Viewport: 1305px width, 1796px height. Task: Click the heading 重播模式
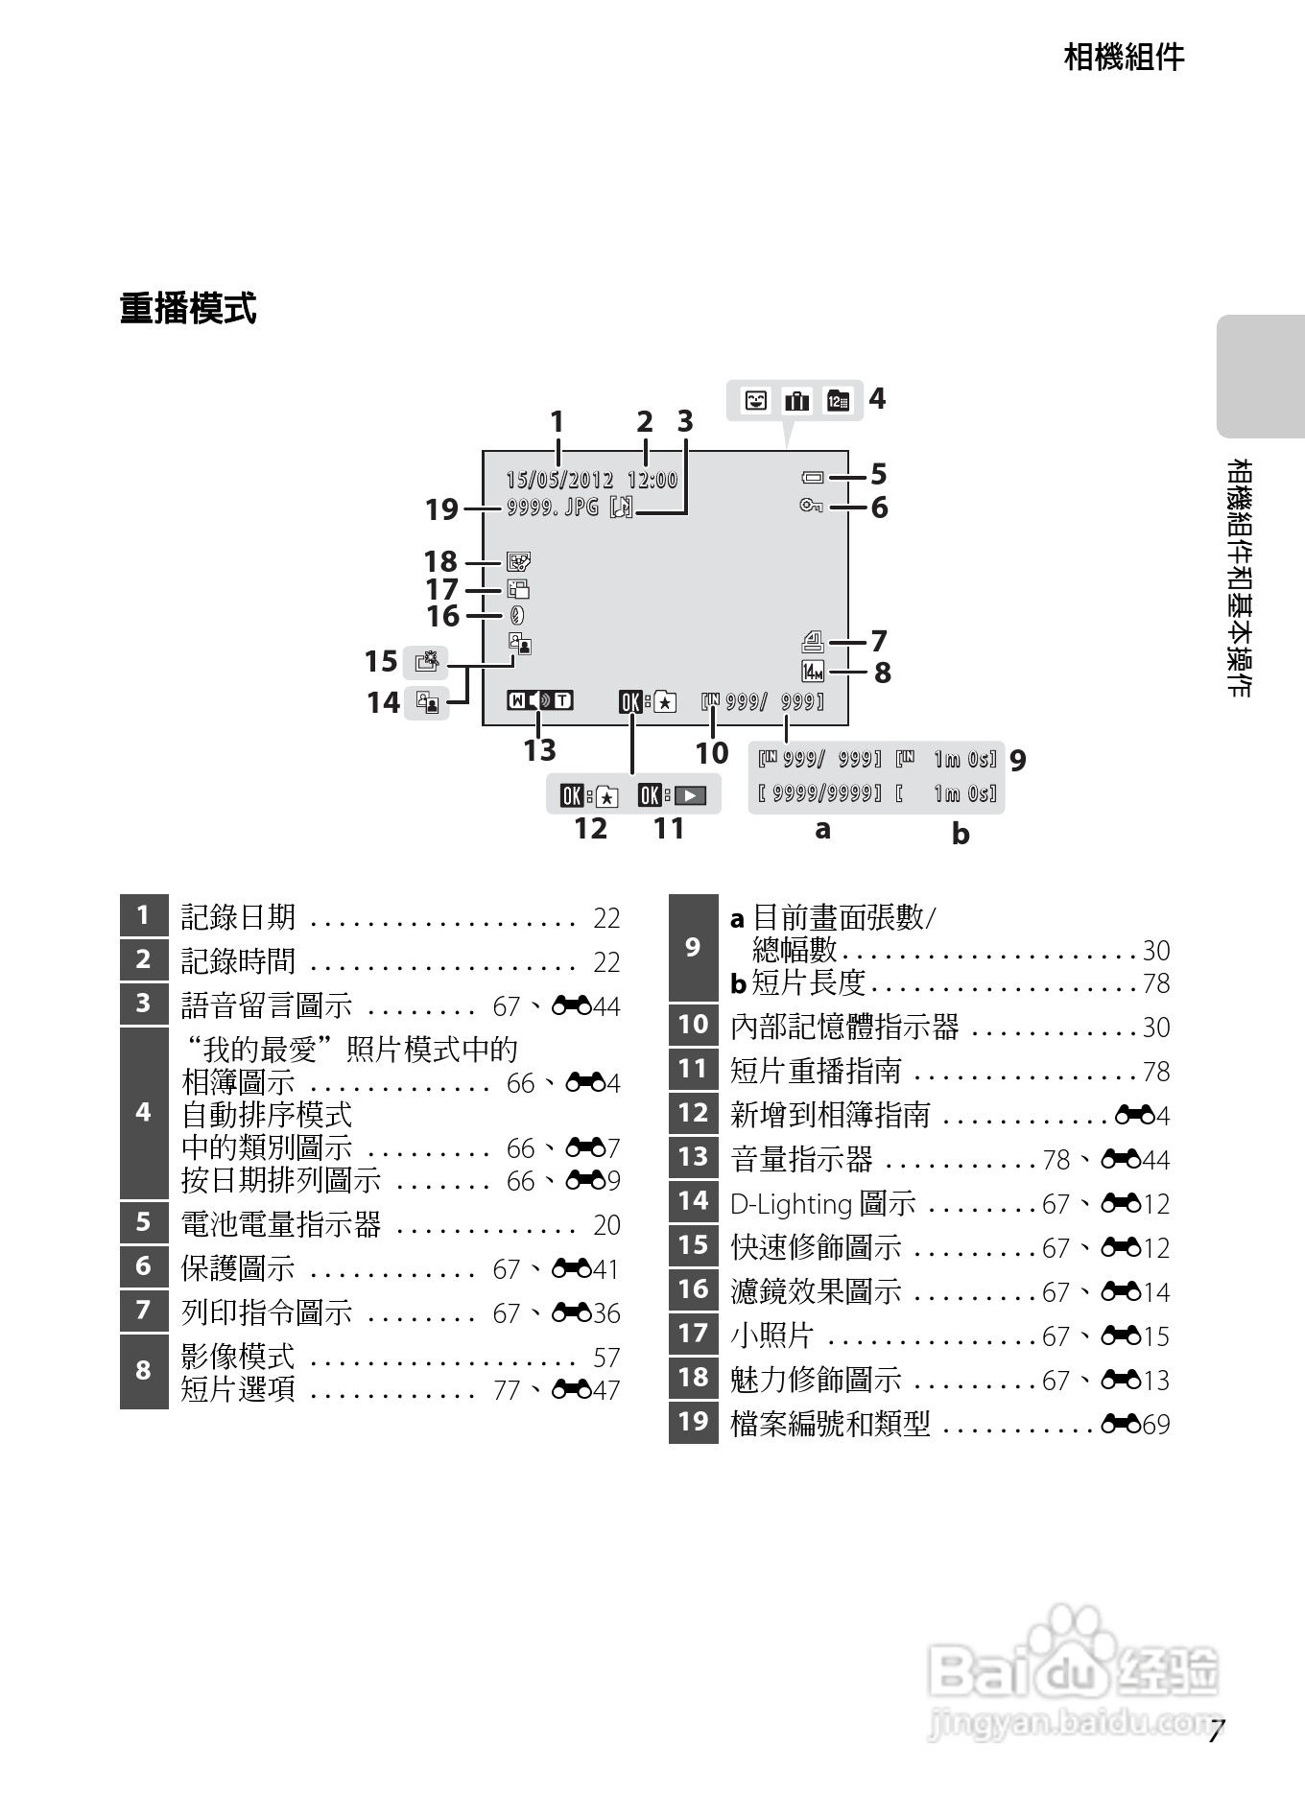[188, 310]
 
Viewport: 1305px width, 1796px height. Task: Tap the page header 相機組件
[1124, 58]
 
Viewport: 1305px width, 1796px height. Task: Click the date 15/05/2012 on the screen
[559, 480]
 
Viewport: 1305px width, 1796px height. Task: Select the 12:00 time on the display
[652, 480]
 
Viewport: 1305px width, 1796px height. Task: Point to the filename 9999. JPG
[553, 507]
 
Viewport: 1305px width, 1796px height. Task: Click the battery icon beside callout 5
[813, 477]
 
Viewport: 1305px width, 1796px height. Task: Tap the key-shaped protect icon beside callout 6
[812, 506]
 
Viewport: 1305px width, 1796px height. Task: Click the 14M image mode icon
[813, 672]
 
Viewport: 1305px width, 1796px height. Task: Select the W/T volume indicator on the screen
[539, 700]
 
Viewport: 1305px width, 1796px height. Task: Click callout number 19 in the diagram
[442, 509]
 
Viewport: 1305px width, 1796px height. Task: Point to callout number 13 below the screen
[539, 750]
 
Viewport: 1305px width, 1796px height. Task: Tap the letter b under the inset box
[961, 834]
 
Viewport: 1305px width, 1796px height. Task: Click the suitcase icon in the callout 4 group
[797, 401]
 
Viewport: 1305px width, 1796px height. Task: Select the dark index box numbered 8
[144, 1371]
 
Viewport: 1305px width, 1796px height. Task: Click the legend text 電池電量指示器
[281, 1224]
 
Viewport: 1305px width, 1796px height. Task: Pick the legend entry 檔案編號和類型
[830, 1424]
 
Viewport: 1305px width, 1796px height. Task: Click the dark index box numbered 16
[693, 1289]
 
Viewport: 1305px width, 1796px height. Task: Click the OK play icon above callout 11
[672, 795]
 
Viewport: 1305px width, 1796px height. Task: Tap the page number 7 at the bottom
[1216, 1733]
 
